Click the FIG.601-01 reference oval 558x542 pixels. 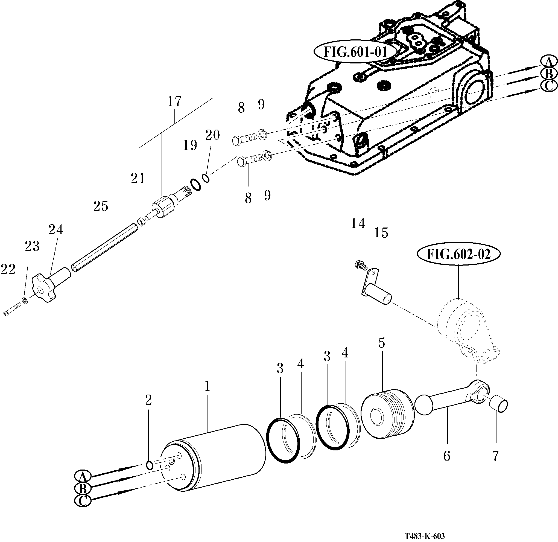(355, 52)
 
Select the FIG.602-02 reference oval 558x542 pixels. (458, 254)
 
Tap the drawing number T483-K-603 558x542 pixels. (425, 536)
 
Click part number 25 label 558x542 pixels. (101, 206)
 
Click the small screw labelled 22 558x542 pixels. (13, 310)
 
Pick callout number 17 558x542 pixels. (174, 102)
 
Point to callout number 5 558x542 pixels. (381, 343)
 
